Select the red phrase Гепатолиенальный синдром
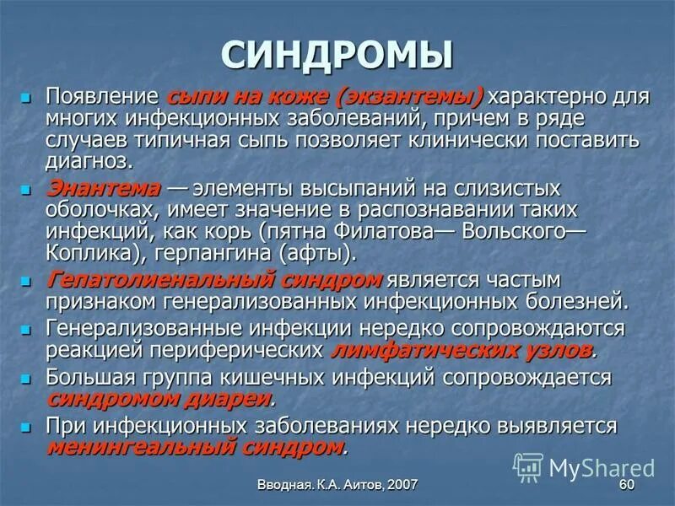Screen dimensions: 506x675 coord(213,279)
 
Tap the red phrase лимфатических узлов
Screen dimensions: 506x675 coord(462,349)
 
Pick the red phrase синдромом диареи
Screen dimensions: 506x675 coord(159,398)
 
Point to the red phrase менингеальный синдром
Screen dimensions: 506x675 coord(195,446)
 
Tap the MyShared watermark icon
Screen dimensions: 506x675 coord(528,466)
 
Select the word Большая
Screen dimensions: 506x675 coord(87,376)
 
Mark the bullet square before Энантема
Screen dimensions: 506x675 coord(27,188)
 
